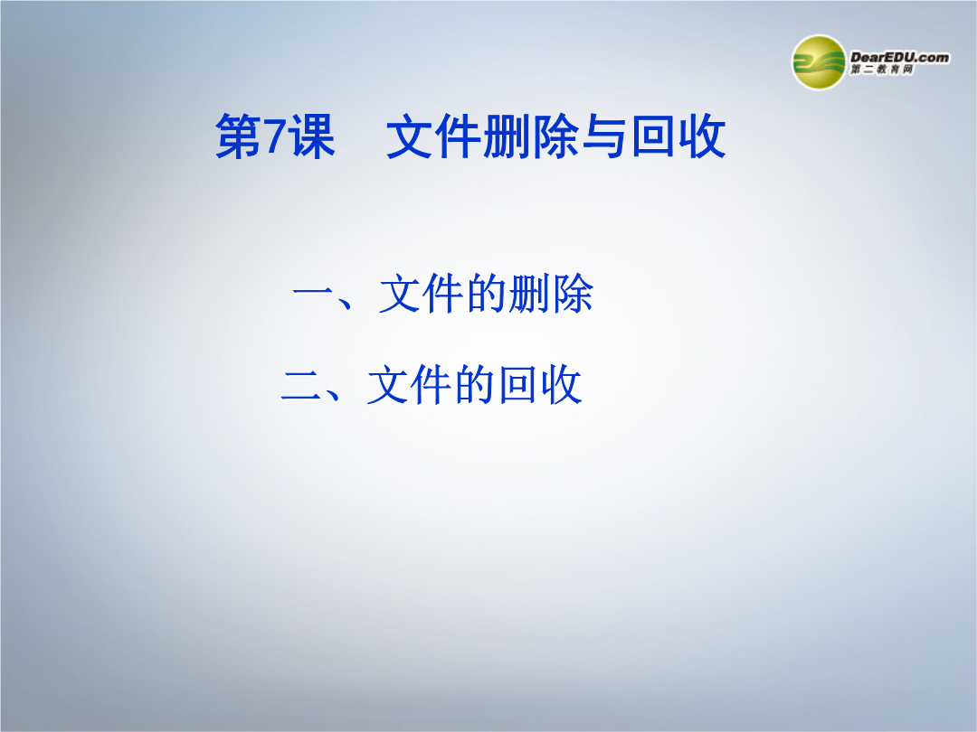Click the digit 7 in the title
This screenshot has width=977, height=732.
(x=274, y=136)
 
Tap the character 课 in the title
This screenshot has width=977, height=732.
(x=313, y=136)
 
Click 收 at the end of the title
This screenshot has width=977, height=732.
(x=702, y=136)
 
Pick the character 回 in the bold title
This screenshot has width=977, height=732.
(x=654, y=136)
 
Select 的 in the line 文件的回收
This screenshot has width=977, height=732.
(x=475, y=385)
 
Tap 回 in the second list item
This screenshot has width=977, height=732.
(x=518, y=385)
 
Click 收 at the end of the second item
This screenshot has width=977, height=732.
(x=562, y=385)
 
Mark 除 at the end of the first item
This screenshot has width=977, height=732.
(x=573, y=293)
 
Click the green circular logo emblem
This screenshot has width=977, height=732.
(x=819, y=62)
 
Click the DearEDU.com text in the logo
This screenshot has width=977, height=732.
(x=900, y=57)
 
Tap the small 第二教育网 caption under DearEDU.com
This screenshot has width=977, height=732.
(x=882, y=70)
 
